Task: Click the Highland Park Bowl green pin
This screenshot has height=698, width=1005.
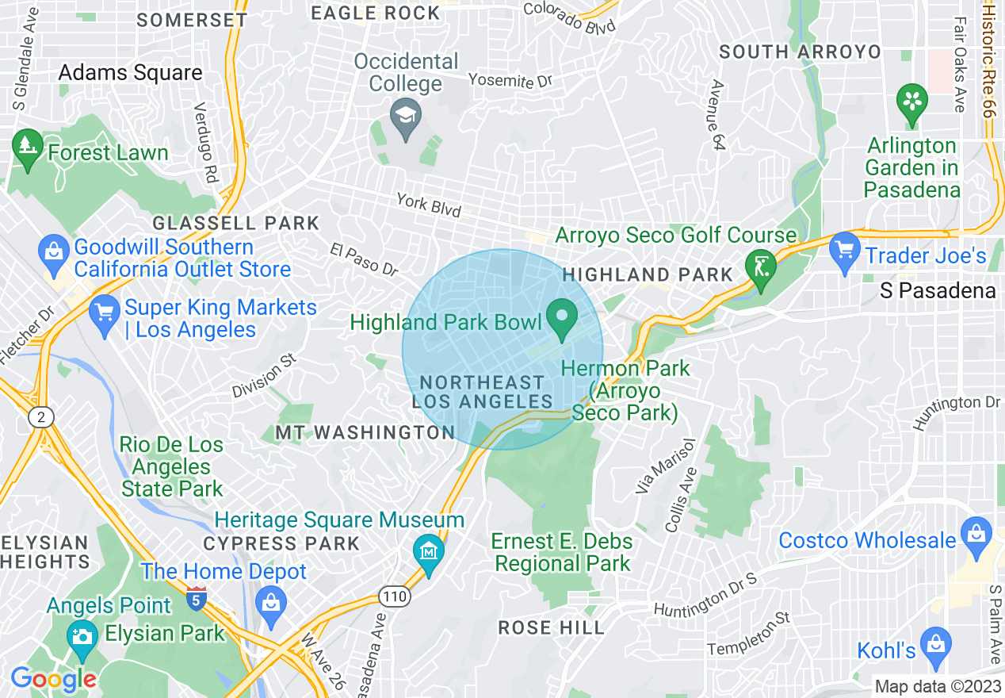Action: click(563, 317)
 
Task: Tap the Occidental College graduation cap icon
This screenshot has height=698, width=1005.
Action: click(406, 117)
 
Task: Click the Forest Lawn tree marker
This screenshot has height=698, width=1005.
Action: click(29, 148)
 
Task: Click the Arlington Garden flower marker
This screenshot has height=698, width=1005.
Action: click(912, 103)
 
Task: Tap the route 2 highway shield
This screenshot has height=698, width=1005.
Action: click(39, 417)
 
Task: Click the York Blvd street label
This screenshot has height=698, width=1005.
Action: click(429, 205)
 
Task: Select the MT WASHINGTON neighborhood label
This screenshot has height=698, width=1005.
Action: click(365, 432)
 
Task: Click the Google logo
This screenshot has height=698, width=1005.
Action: click(53, 679)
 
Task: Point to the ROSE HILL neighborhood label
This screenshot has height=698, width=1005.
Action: click(551, 628)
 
